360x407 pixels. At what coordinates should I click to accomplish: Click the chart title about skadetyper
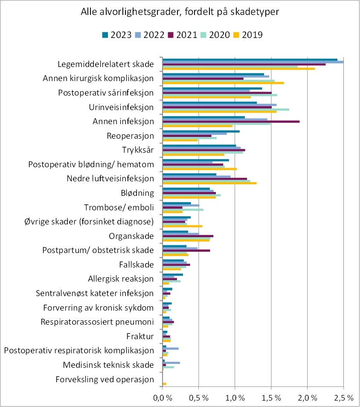180,12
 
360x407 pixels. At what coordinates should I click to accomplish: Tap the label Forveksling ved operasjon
105,379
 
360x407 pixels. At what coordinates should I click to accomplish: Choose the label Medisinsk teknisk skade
108,365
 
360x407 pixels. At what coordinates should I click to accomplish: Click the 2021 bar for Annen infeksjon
231,122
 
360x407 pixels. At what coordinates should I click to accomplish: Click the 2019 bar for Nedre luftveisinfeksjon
209,183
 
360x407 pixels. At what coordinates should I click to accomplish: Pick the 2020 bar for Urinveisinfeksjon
226,110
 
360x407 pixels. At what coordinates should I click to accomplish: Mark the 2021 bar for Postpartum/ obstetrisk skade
186,250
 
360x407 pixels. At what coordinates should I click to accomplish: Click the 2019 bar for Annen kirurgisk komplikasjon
223,83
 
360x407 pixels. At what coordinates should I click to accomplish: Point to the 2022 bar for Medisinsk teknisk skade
171,363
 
